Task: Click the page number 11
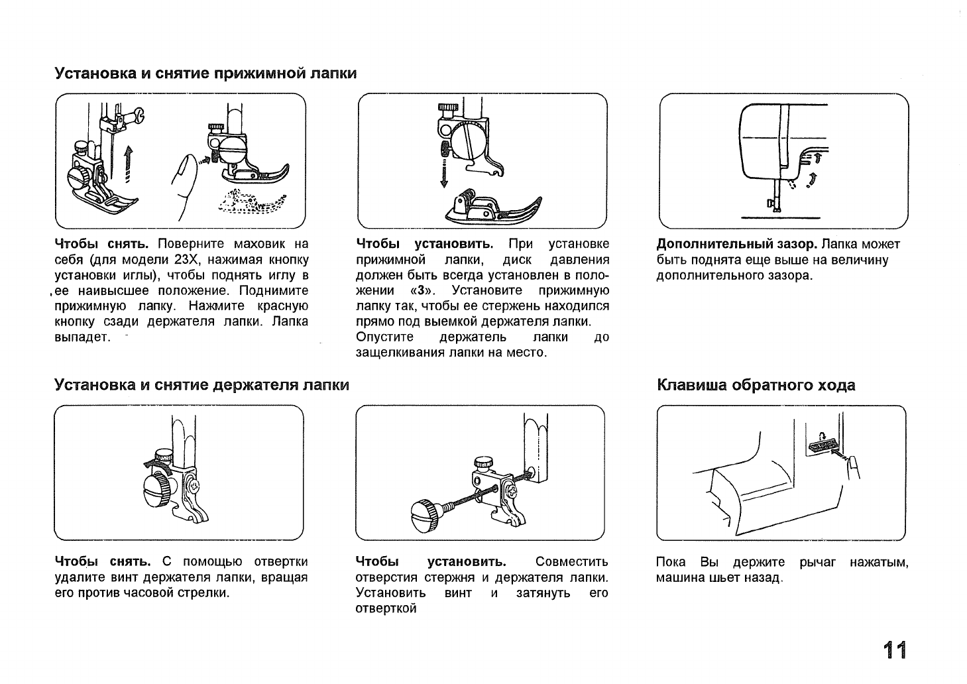893,650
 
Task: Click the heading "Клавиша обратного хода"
756,385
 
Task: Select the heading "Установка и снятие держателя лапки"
201,385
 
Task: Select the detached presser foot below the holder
493,207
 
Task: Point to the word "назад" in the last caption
764,578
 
